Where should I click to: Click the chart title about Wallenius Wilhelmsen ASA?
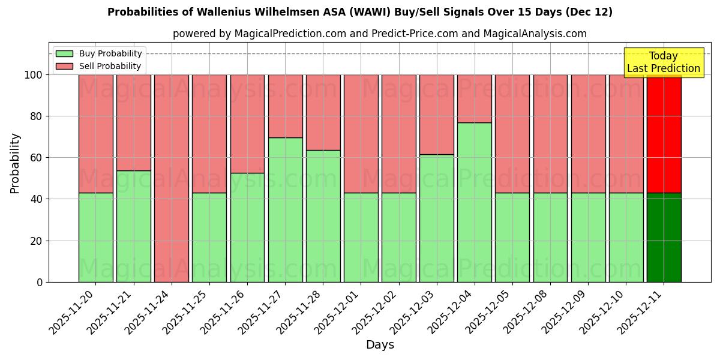(x=360, y=12)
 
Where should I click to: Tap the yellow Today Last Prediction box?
(x=663, y=62)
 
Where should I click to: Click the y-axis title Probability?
(x=15, y=163)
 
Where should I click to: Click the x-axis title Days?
(x=380, y=344)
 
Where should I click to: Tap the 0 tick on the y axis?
(x=39, y=282)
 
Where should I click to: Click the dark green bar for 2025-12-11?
(x=664, y=237)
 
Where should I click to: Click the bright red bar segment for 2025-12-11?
(x=664, y=133)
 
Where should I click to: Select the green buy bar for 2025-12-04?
(x=474, y=202)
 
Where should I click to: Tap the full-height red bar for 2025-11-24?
(x=172, y=178)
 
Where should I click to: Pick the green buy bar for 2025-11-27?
(x=285, y=209)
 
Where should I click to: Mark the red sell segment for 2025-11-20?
(x=95, y=133)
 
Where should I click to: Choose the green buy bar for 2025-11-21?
(x=133, y=226)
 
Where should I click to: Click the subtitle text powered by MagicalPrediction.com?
(x=379, y=34)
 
